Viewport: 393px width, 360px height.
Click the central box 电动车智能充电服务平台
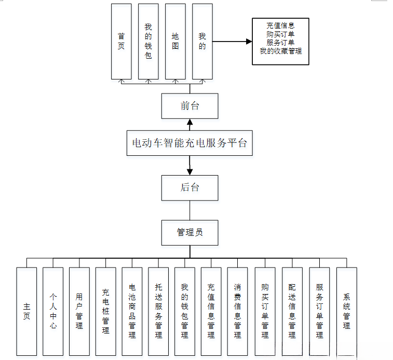coord(189,143)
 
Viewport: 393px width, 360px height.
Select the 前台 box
coord(189,106)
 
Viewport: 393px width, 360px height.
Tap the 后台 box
coord(189,188)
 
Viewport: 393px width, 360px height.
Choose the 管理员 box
coord(189,232)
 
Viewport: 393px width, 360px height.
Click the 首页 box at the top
coord(121,41)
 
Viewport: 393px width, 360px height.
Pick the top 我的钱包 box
coord(148,41)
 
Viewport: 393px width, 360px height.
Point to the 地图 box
coord(175,41)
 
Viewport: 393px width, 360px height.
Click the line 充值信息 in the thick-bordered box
coord(280,25)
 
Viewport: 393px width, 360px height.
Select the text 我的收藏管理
coord(280,51)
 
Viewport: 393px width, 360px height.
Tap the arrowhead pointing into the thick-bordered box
coord(249,41)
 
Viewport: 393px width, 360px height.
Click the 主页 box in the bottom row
coord(26,311)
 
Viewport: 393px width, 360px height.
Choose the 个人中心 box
coord(53,311)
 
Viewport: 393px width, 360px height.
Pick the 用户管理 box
coord(79,311)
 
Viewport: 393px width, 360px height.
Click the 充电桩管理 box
coord(106,311)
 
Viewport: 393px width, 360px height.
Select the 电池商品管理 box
coord(132,311)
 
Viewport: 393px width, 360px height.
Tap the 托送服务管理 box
coord(158,311)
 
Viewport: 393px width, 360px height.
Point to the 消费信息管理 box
coord(237,311)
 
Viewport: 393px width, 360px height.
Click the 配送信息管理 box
coord(292,311)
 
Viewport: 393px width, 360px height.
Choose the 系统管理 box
coord(346,311)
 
